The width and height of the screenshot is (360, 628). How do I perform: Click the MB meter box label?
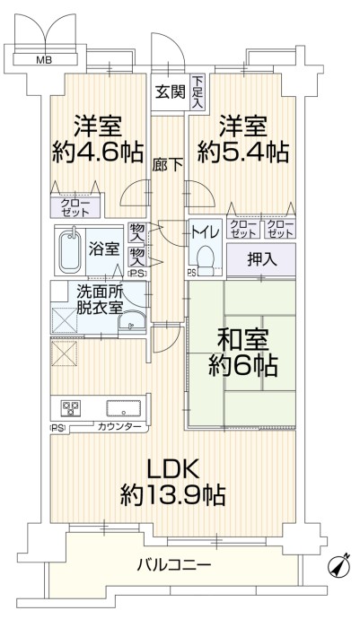45,60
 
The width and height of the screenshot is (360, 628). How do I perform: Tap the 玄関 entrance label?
171,92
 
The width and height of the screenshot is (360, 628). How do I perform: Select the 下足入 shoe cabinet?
198,92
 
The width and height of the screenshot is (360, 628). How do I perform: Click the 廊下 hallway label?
168,164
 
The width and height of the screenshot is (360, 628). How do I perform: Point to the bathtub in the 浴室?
70,251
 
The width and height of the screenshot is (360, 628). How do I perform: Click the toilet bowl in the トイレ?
206,259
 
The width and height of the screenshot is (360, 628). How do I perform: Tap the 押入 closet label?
262,260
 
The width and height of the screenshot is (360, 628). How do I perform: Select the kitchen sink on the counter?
124,408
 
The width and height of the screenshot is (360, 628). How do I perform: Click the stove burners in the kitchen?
71,407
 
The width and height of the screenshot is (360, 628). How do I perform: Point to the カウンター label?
119,427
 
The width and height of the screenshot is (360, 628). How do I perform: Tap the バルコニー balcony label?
174,565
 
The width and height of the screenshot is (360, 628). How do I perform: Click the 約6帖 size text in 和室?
243,366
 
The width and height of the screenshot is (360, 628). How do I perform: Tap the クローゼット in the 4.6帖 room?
75,207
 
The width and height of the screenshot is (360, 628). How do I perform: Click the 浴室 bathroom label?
103,249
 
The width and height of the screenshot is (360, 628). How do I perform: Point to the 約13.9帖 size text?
172,495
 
